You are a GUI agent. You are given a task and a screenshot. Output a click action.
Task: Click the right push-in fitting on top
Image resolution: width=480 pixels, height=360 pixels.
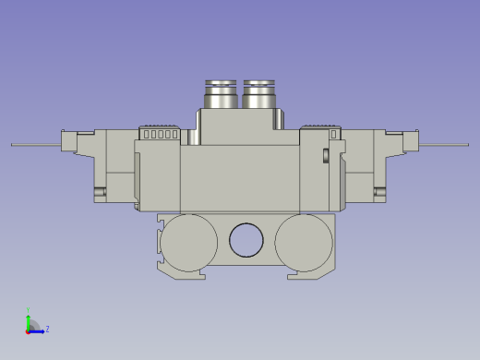(260, 94)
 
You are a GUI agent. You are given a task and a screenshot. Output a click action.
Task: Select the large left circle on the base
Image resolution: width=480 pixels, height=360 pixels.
(188, 241)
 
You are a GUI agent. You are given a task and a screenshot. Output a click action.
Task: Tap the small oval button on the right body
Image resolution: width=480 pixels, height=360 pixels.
(326, 154)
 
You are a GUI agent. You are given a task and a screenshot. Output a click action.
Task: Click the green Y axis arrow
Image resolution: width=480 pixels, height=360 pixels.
(29, 319)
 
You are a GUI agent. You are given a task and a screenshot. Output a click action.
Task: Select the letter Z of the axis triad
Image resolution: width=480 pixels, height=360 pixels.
(47, 329)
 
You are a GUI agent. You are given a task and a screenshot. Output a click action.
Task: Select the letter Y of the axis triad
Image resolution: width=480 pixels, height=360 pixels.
(29, 310)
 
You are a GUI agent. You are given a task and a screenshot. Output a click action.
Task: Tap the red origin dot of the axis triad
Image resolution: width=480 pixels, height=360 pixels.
(28, 330)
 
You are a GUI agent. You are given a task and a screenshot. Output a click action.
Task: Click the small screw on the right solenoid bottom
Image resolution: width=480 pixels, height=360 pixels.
(378, 192)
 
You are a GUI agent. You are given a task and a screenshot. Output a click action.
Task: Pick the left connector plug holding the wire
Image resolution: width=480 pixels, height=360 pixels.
(68, 143)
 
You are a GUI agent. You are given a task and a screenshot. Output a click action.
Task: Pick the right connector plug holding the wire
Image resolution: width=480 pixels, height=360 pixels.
(412, 143)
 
